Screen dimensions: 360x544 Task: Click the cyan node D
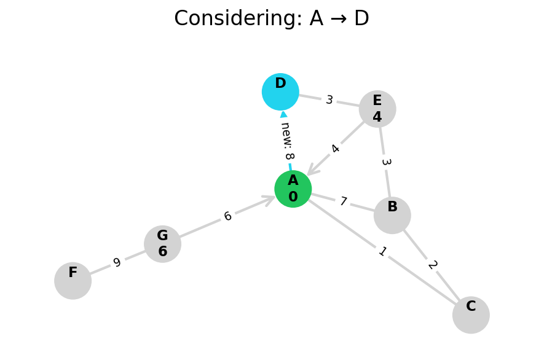pyautogui.click(x=280, y=92)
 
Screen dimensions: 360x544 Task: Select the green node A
pyautogui.click(x=293, y=189)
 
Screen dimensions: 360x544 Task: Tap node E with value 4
pyautogui.click(x=377, y=109)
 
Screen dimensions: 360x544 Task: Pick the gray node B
pyautogui.click(x=392, y=215)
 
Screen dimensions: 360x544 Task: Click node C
pyautogui.click(x=471, y=315)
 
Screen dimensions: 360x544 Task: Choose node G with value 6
pyautogui.click(x=162, y=244)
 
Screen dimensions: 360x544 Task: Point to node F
pyautogui.click(x=73, y=281)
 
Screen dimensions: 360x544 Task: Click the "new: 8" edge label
pyautogui.click(x=286, y=141)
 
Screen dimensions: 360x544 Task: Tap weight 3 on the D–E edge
pyautogui.click(x=329, y=100)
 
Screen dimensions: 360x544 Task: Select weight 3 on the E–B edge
pyautogui.click(x=385, y=162)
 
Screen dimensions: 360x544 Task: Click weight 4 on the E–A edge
pyautogui.click(x=335, y=149)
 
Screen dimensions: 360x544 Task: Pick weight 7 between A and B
pyautogui.click(x=343, y=202)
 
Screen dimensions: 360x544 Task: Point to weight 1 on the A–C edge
pyautogui.click(x=382, y=251)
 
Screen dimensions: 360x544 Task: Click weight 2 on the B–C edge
pyautogui.click(x=432, y=265)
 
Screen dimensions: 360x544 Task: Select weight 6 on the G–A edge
pyautogui.click(x=227, y=216)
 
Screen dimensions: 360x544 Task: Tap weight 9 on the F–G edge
pyautogui.click(x=117, y=263)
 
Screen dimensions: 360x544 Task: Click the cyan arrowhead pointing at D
pyautogui.click(x=283, y=114)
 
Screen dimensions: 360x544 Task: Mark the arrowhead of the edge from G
pyautogui.click(x=268, y=199)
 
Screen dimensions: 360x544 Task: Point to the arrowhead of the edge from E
pyautogui.click(x=312, y=170)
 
